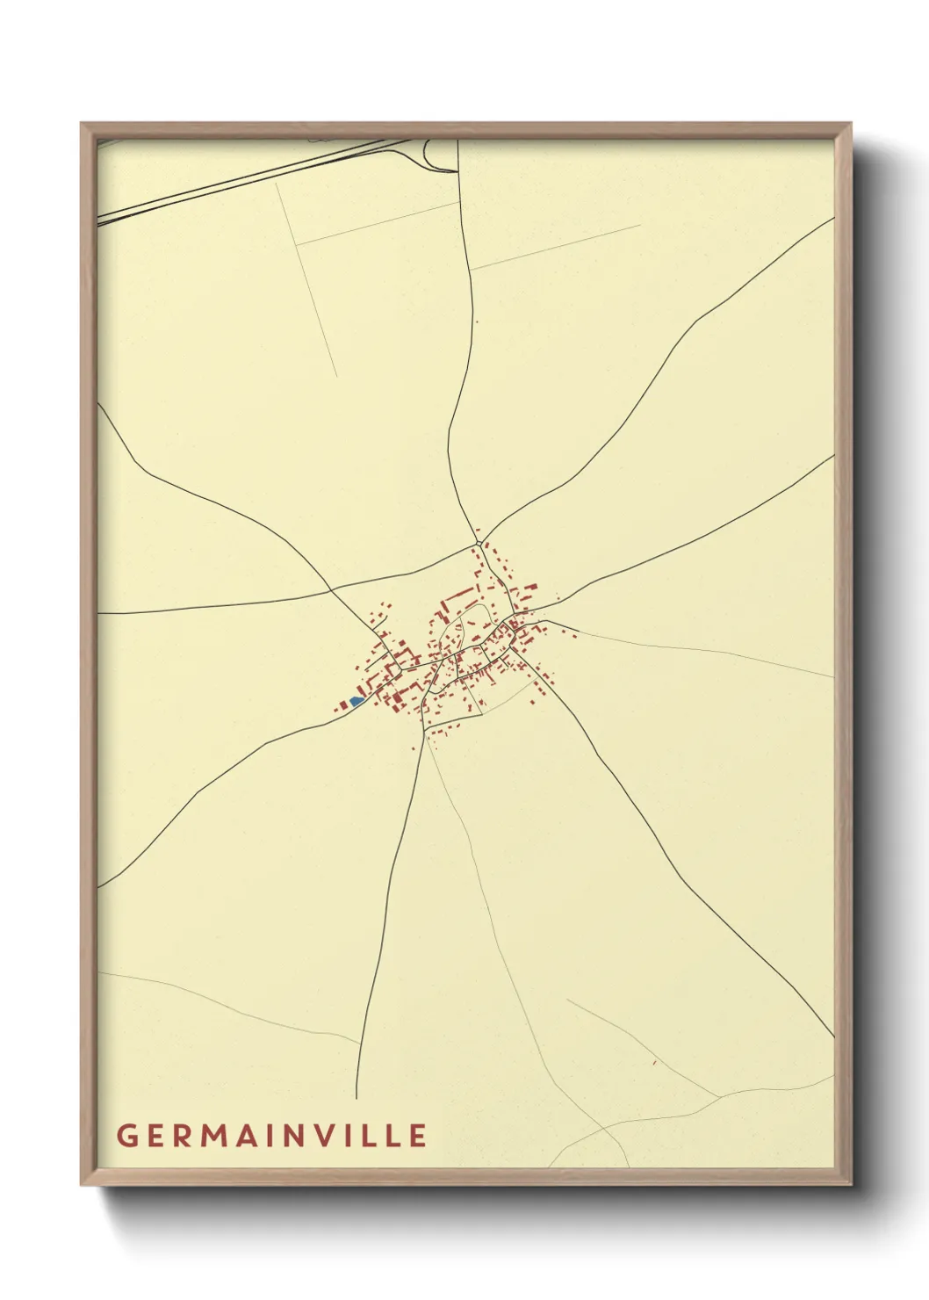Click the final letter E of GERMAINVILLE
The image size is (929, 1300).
pyautogui.click(x=418, y=1135)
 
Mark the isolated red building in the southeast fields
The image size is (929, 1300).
pyautogui.click(x=654, y=1063)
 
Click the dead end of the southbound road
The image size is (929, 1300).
pyautogui.click(x=356, y=1097)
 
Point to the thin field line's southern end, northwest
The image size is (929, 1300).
pyautogui.click(x=336, y=376)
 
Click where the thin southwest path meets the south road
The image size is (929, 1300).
pyautogui.click(x=361, y=1044)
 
